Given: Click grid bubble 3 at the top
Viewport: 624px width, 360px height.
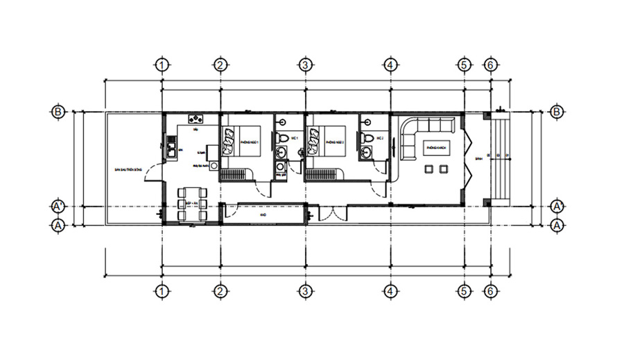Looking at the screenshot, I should [x=304, y=65].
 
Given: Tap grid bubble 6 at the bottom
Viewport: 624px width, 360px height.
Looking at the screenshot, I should [x=490, y=291].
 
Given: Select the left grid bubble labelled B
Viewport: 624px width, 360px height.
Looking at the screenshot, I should [x=59, y=111].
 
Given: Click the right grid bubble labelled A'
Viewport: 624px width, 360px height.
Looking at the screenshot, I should [x=557, y=206].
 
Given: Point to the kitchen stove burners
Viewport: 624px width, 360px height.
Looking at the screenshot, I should [x=196, y=119].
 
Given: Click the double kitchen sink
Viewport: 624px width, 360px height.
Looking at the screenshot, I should [x=169, y=149].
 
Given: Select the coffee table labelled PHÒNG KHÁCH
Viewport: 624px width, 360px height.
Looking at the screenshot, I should [x=435, y=148].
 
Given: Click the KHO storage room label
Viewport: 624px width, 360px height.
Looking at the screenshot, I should [x=263, y=215].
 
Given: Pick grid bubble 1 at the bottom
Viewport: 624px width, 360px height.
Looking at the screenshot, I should [x=162, y=291].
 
